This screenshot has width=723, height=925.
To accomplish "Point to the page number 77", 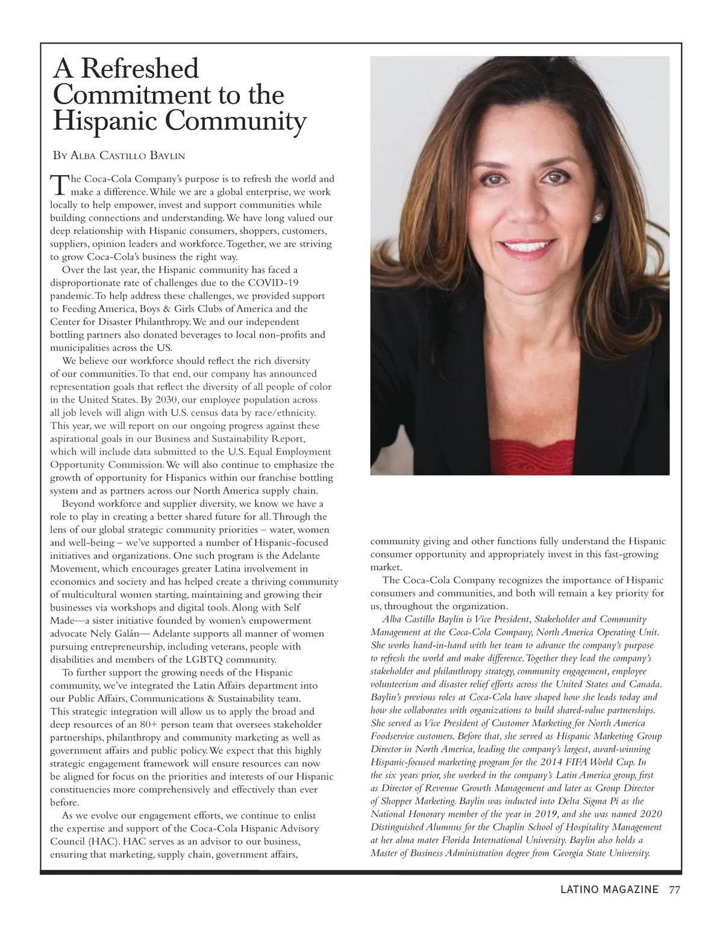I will click(x=674, y=889).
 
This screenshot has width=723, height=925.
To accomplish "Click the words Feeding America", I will click(x=91, y=309).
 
